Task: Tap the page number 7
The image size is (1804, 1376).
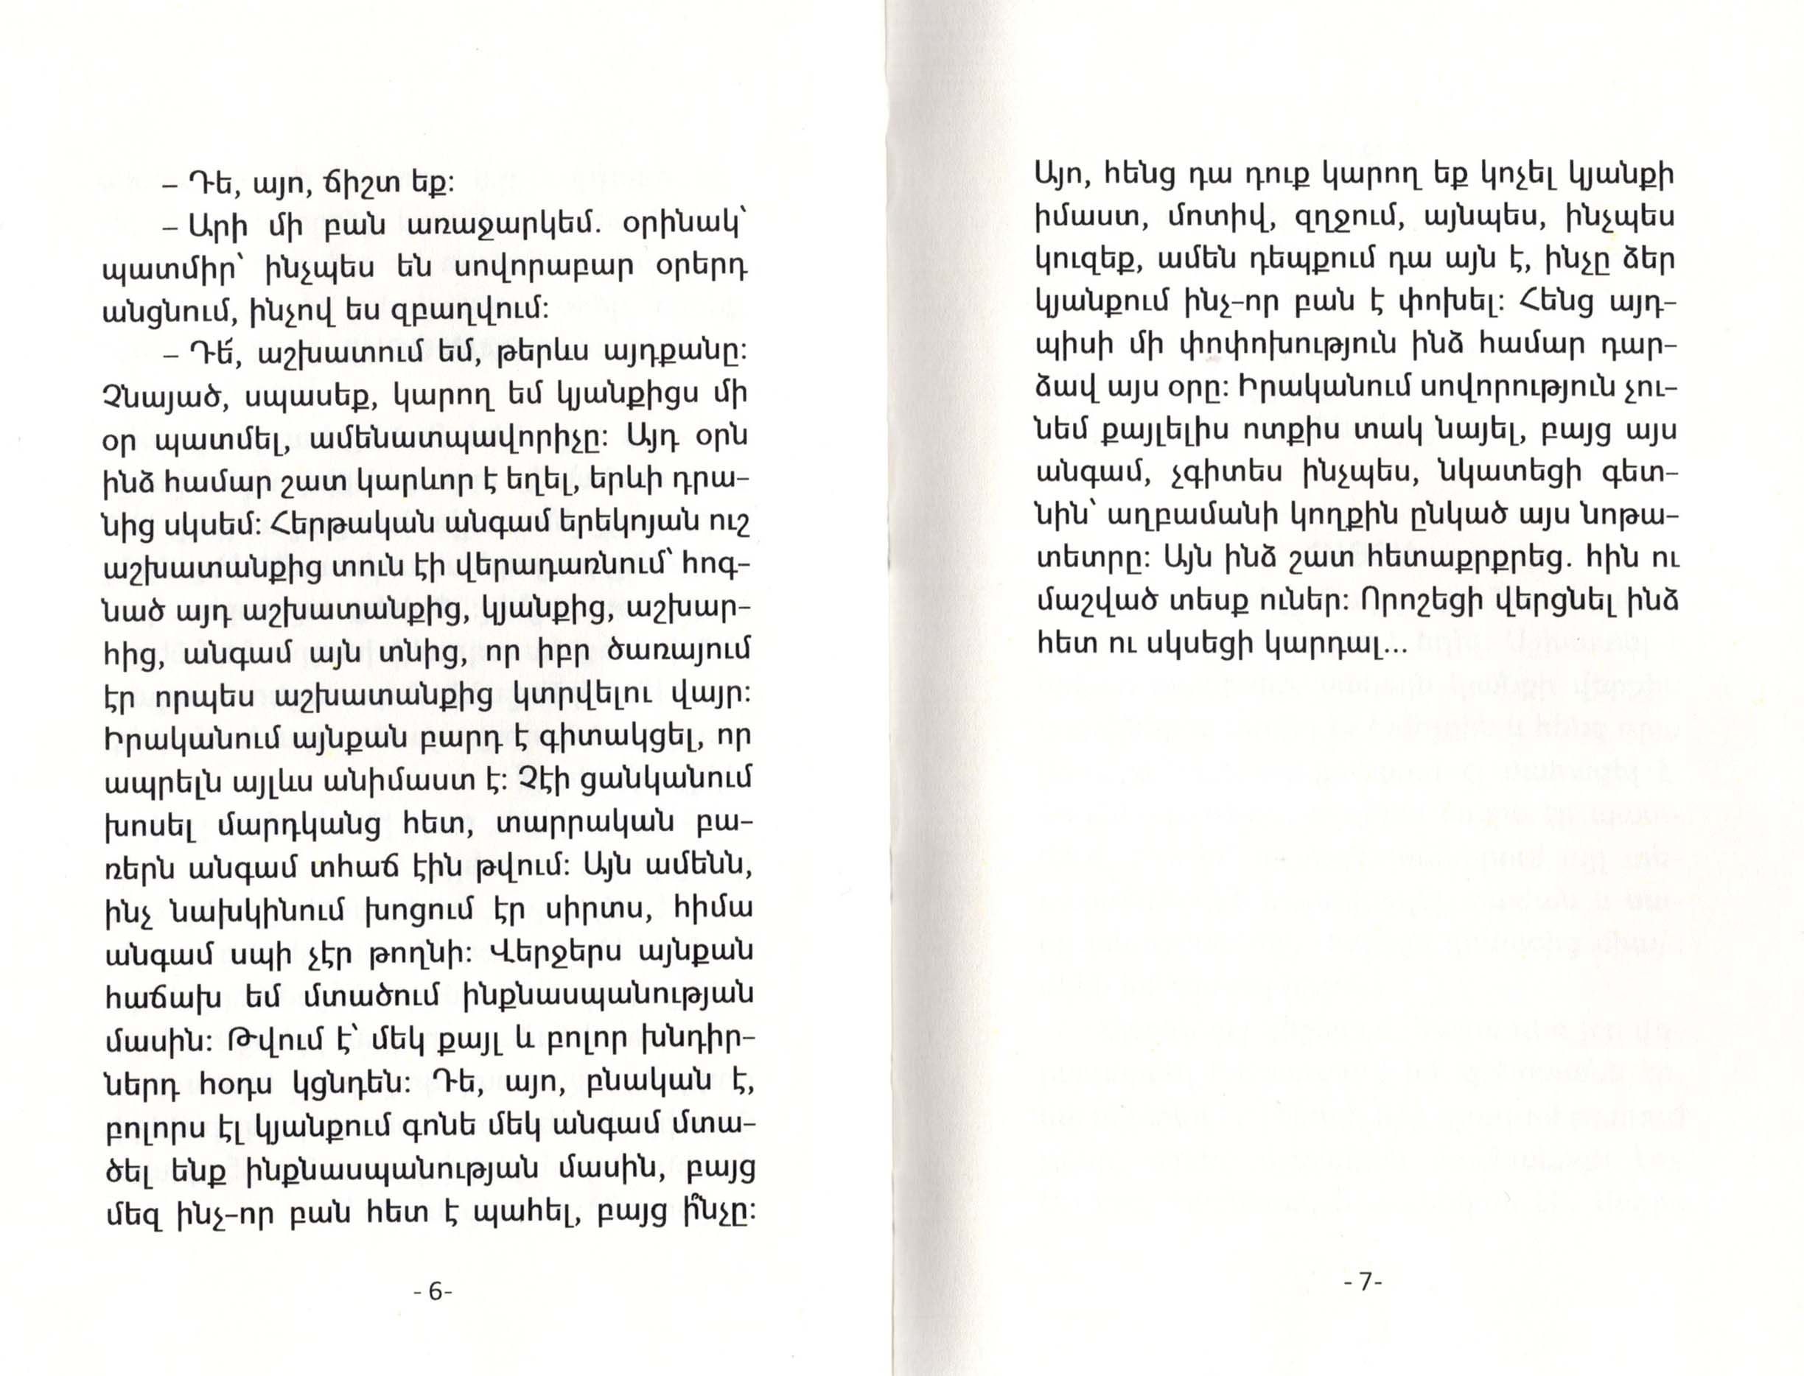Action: tap(1363, 1282)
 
